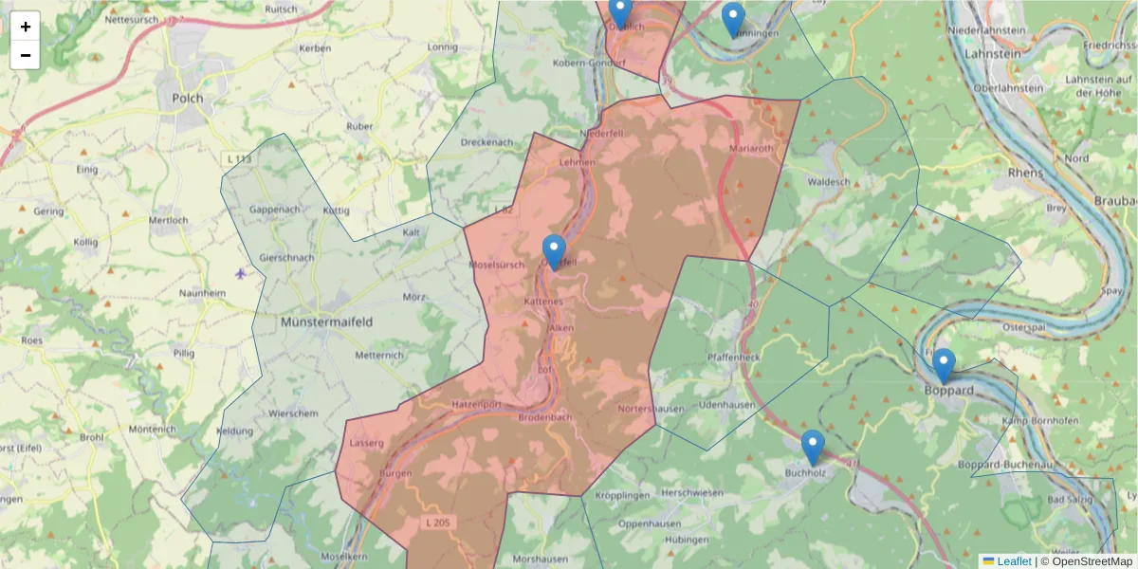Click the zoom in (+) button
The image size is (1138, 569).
tap(25, 27)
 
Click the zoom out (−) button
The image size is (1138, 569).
tap(25, 55)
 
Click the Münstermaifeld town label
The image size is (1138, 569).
tap(326, 322)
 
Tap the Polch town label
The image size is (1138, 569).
tap(188, 98)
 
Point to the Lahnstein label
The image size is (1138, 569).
tap(992, 55)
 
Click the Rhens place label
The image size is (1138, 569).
tap(1026, 173)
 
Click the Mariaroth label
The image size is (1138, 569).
tap(752, 149)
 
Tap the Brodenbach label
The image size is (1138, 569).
tap(545, 417)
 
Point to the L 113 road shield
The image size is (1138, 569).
tap(240, 158)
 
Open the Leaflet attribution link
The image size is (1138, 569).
tap(1013, 561)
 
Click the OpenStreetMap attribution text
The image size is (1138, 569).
tap(1092, 561)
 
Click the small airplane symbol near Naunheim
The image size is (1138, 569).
tap(240, 274)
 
